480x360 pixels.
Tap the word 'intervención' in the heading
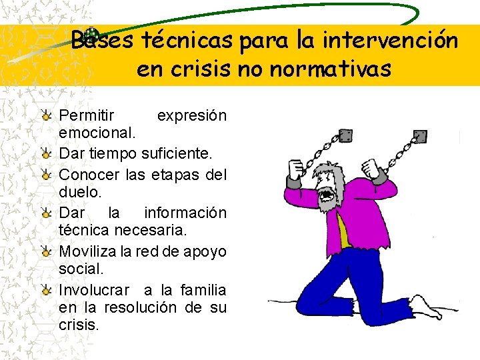tap(390, 41)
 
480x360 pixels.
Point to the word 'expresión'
tap(191, 116)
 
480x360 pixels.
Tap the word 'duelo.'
tap(79, 193)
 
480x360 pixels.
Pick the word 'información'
tap(185, 213)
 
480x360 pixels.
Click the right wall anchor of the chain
tap(419, 137)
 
